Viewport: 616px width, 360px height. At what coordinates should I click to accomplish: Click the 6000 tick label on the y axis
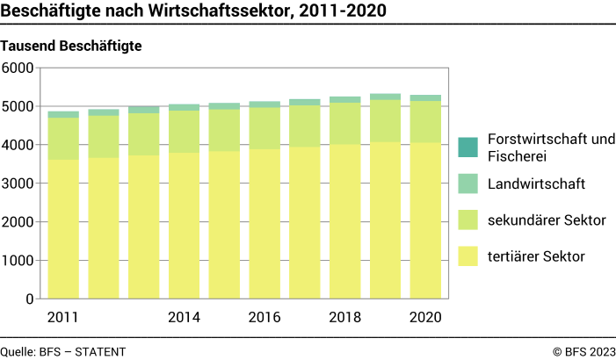click(x=18, y=68)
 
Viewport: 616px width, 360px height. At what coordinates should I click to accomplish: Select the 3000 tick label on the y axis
click(x=18, y=184)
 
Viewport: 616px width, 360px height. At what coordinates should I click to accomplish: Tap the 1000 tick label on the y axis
click(x=18, y=261)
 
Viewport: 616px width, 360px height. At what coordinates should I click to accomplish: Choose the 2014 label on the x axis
click(x=184, y=318)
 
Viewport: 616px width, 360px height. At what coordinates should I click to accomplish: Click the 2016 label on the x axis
click(x=265, y=318)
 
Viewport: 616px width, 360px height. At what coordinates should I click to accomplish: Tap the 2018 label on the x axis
click(x=345, y=318)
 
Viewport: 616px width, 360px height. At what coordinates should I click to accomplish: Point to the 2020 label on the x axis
click(x=425, y=318)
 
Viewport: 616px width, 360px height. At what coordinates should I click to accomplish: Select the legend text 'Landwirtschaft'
click(x=537, y=184)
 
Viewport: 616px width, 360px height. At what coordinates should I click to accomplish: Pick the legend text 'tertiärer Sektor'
click(x=535, y=256)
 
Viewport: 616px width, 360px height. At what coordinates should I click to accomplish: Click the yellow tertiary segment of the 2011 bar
click(x=62, y=228)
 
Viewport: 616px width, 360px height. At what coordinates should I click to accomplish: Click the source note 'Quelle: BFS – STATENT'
click(x=63, y=351)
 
